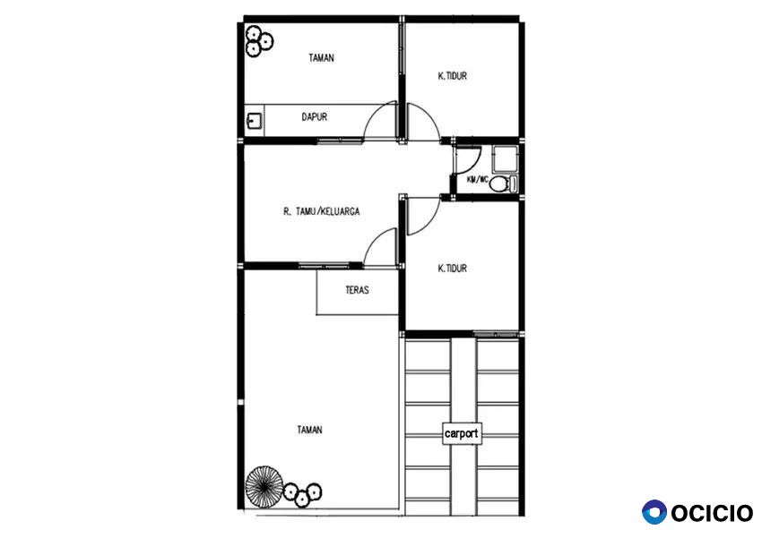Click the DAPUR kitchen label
click(315, 117)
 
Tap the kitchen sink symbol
click(255, 120)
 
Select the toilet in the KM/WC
click(504, 184)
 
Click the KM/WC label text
click(478, 180)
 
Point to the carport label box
click(462, 433)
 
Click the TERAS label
click(357, 290)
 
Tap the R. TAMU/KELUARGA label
click(321, 211)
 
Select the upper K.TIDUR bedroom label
click(453, 76)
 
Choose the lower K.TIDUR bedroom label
click(453, 269)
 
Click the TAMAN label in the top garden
click(321, 58)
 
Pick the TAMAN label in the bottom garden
click(309, 430)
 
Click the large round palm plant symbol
click(264, 486)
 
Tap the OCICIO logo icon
click(654, 512)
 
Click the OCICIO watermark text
click(712, 513)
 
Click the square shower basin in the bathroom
click(505, 159)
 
